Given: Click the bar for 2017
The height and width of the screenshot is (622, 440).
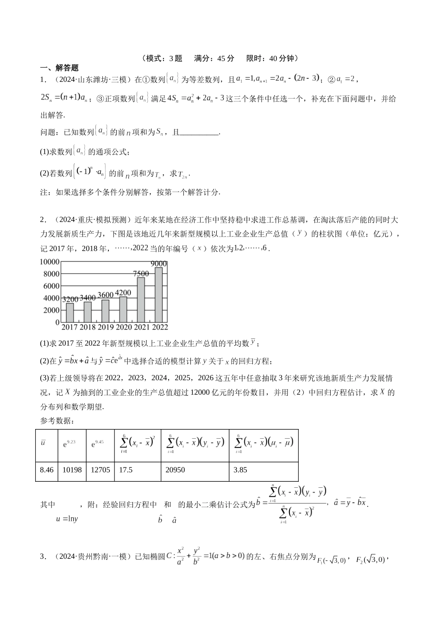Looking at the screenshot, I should pyautogui.click(x=70, y=312).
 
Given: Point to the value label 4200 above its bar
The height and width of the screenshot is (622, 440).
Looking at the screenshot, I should pyautogui.click(x=123, y=292).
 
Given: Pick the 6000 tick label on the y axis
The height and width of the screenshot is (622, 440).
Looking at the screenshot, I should pyautogui.click(x=51, y=286).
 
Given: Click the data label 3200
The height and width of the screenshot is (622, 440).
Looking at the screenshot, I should pyautogui.click(x=70, y=299).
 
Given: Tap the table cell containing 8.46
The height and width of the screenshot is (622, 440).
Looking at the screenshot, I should pyautogui.click(x=47, y=470).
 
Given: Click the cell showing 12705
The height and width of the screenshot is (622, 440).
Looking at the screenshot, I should pyautogui.click(x=101, y=470).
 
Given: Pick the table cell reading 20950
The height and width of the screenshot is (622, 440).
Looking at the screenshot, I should pyautogui.click(x=175, y=470).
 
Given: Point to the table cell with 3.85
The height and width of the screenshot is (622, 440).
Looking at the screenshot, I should pyautogui.click(x=240, y=470).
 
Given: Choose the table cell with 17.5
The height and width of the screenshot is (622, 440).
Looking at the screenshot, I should pyautogui.click(x=126, y=470).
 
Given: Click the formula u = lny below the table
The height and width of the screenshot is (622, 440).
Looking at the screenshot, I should pyautogui.click(x=67, y=519).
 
